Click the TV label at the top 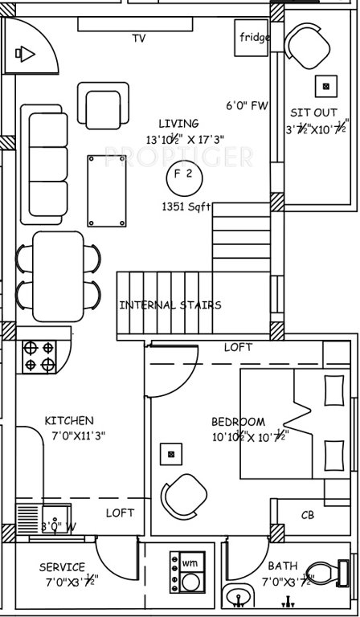138,38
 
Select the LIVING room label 178,123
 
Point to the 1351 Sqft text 186,206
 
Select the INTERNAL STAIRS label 170,305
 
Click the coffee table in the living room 105,191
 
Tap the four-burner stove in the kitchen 39,356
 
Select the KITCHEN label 68,420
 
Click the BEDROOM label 238,422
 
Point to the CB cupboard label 307,515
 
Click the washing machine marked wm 190,562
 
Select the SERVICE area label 62,567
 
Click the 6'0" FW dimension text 247,105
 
